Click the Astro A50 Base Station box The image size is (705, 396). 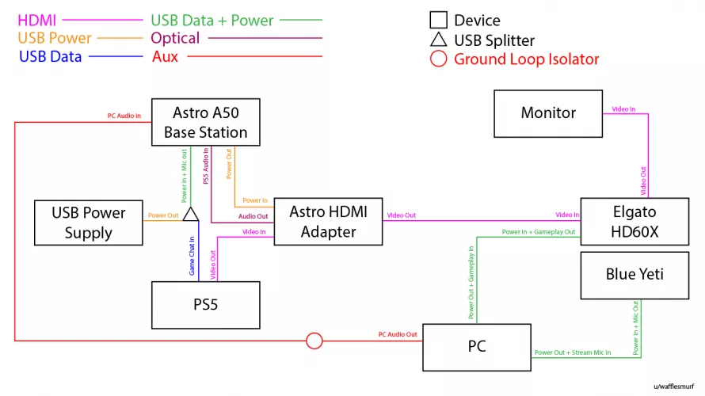205,123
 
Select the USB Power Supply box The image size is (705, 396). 89,223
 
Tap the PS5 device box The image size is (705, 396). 205,304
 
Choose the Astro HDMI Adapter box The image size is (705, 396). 328,222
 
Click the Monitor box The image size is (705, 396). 548,112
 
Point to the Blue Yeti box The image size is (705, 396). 634,275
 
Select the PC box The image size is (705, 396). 476,347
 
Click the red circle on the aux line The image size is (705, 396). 314,341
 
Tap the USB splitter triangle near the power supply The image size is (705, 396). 190,215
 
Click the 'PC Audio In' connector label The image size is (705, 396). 124,116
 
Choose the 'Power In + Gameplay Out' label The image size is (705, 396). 538,232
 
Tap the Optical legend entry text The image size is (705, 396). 175,38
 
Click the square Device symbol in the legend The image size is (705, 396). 437,21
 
